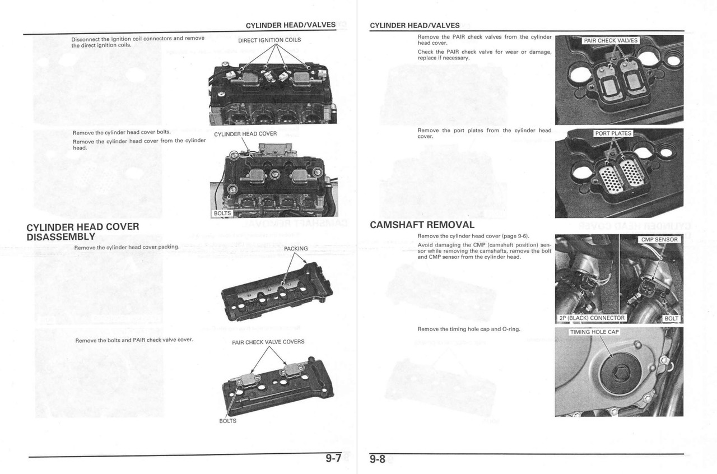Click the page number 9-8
(x=378, y=459)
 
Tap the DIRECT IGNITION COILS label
(x=269, y=40)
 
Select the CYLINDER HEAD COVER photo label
(x=245, y=134)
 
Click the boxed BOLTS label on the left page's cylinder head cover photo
(x=222, y=213)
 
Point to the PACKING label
(x=296, y=249)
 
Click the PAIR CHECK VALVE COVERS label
(x=268, y=342)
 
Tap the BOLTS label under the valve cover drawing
(x=227, y=421)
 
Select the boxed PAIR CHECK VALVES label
(x=611, y=41)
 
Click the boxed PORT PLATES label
(x=613, y=133)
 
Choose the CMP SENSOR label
(x=659, y=240)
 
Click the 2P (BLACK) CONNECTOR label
(x=592, y=318)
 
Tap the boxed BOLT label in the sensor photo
(x=671, y=318)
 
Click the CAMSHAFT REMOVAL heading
(x=422, y=225)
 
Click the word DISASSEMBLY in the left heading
(x=60, y=237)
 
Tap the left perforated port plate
(x=609, y=177)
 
